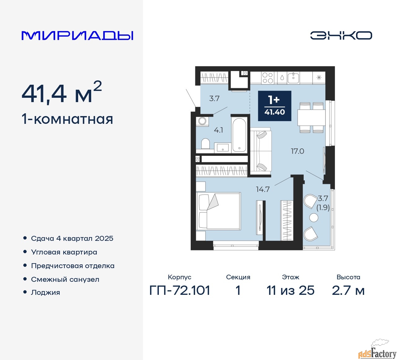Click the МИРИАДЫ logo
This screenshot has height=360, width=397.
click(x=77, y=36)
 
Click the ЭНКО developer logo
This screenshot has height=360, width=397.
click(x=341, y=35)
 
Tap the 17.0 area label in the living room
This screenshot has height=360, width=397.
click(x=297, y=151)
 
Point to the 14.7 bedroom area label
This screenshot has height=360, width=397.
click(x=263, y=189)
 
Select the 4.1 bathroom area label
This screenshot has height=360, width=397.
click(x=218, y=130)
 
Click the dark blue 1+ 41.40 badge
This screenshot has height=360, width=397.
click(x=274, y=106)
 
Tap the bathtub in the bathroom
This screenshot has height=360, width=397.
click(x=239, y=135)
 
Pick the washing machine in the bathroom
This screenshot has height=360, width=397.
click(x=202, y=121)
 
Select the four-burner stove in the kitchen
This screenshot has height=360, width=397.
click(x=268, y=78)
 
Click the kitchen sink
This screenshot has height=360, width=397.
click(x=293, y=78)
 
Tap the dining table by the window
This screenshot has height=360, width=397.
click(x=311, y=118)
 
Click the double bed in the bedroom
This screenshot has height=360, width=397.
click(x=218, y=211)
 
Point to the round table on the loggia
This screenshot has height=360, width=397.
click(x=314, y=218)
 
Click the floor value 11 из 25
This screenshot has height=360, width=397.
click(x=290, y=290)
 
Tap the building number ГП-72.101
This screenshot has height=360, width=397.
click(x=180, y=290)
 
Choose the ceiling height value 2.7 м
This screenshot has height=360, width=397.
click(x=348, y=290)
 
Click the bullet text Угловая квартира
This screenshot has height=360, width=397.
click(x=64, y=252)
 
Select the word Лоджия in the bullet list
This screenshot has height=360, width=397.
click(x=45, y=292)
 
